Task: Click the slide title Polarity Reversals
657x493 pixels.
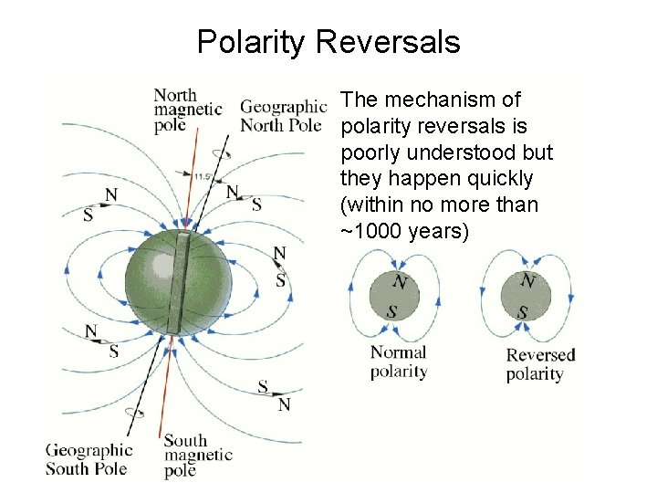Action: [x=328, y=42]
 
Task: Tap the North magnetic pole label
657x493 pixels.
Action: [x=187, y=110]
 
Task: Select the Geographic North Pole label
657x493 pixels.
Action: [x=282, y=116]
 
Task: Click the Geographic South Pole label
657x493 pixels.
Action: [x=89, y=459]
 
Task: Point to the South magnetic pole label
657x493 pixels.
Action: [x=198, y=456]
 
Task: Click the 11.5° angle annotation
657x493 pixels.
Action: [x=203, y=175]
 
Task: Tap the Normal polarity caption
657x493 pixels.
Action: [x=399, y=362]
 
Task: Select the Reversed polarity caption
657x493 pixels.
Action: [x=540, y=363]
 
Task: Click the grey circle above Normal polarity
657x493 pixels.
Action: [x=395, y=296]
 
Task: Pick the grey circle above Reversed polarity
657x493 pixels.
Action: [x=527, y=296]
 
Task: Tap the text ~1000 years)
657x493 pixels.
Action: [x=404, y=231]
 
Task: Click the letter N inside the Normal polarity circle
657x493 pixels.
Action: [x=398, y=282]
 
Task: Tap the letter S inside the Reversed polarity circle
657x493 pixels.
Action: [x=523, y=312]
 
